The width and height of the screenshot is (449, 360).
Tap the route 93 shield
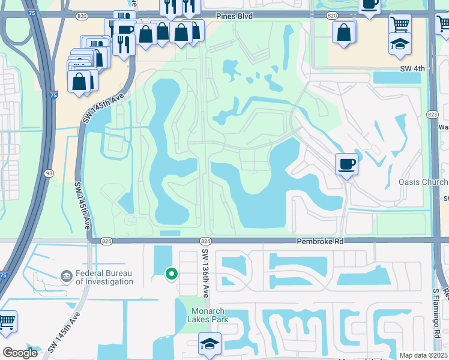click(49, 173)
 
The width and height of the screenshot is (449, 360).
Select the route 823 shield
click(433, 115)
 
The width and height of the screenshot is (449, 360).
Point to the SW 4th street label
click(412, 69)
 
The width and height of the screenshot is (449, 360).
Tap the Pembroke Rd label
click(319, 241)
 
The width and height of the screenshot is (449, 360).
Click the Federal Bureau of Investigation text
click(104, 278)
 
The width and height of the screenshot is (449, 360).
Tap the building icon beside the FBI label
click(65, 277)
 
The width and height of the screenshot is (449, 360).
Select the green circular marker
click(171, 274)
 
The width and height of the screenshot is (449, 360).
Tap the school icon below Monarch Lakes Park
click(209, 344)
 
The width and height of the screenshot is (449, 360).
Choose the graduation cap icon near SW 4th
click(399, 44)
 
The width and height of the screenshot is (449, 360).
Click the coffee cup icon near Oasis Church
click(346, 163)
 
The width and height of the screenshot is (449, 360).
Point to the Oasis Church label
click(423, 182)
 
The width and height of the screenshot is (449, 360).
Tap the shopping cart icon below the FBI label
click(7, 321)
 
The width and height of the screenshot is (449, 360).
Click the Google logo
click(20, 353)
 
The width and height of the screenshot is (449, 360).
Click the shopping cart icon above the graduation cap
click(400, 23)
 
